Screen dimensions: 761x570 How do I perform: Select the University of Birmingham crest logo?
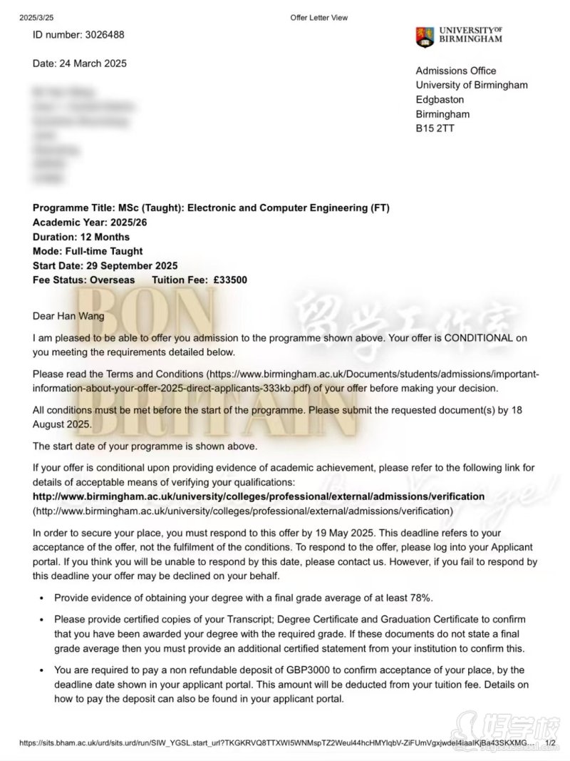coord(425,37)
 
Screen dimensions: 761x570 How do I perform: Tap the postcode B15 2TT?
coord(435,129)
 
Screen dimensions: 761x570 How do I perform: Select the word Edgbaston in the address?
coord(440,100)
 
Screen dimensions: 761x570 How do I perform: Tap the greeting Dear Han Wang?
coord(68,316)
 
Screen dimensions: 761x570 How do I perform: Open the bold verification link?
coord(259,496)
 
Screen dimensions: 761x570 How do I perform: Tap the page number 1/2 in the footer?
coord(550,742)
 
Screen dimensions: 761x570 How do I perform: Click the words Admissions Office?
coord(456,71)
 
